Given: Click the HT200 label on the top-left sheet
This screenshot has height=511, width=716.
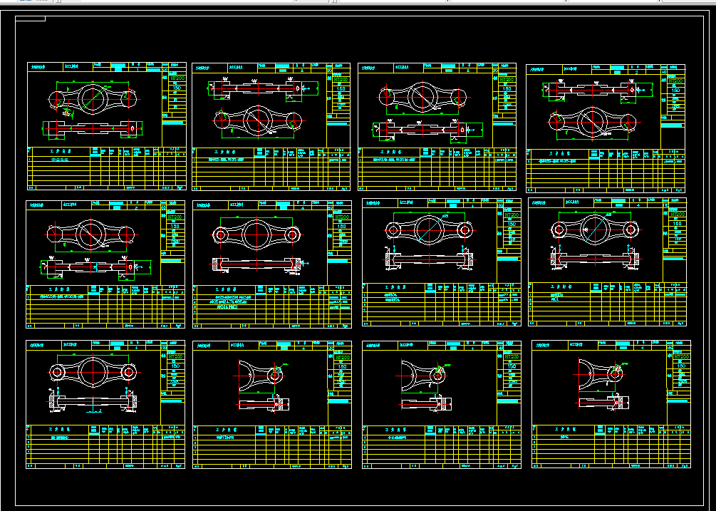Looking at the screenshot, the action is click(x=177, y=78).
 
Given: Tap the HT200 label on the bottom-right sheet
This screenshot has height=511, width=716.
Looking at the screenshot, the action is click(x=680, y=356).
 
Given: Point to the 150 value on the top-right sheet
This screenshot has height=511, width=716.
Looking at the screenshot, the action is click(x=673, y=91).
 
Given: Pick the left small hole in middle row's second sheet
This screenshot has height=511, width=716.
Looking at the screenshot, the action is click(x=221, y=234).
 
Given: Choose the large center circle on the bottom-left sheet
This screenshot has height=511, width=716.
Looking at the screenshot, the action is click(x=93, y=371).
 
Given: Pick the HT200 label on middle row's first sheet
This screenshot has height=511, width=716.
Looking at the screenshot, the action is click(x=175, y=215).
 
